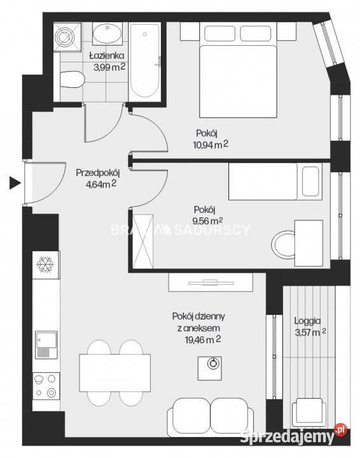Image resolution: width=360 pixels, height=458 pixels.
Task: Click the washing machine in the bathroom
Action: pos(66,36)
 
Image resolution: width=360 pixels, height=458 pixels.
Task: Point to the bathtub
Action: pos(146,60)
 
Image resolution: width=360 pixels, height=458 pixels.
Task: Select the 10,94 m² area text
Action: pos(212,145)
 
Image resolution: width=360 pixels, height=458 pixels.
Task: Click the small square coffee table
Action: pos(212,365)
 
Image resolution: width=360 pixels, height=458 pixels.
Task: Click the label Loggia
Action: pos(308,321)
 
